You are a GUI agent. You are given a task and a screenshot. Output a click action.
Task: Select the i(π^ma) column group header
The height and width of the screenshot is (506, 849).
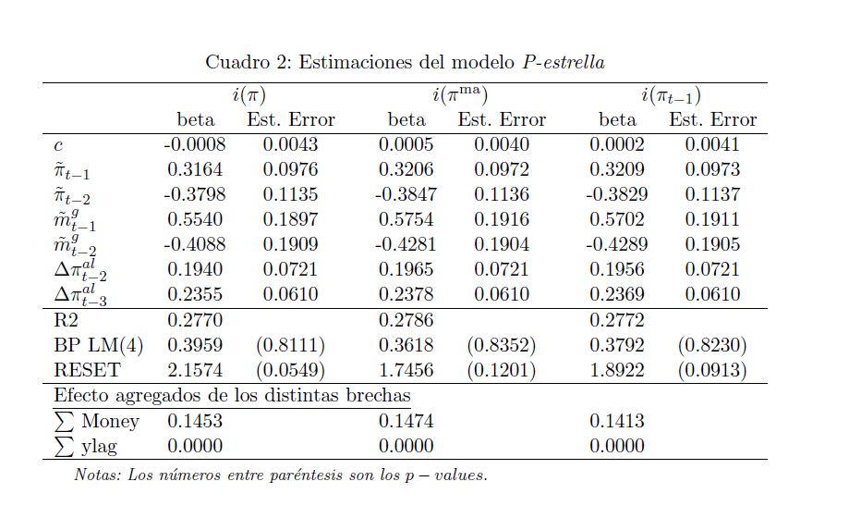459,95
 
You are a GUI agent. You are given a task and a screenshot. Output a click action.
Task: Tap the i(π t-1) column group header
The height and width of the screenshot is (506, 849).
671,95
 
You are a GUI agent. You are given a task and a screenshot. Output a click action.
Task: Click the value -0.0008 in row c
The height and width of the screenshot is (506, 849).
195,144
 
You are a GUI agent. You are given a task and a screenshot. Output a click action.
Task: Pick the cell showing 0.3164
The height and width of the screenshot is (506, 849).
195,169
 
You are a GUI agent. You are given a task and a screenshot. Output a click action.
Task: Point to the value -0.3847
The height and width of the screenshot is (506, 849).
406,194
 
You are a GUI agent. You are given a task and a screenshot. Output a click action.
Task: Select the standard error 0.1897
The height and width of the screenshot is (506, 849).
290,219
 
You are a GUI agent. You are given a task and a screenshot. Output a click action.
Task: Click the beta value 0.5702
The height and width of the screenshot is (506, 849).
618,219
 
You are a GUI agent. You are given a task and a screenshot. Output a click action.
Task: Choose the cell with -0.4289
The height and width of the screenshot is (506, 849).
617,244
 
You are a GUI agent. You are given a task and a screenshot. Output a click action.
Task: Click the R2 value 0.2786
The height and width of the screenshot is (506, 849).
406,321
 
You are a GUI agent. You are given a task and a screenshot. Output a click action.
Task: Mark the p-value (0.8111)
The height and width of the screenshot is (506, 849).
290,346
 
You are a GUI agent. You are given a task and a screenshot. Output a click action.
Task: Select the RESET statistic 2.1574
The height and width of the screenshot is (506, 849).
195,371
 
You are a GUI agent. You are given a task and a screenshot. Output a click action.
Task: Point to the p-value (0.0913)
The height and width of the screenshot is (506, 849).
712,371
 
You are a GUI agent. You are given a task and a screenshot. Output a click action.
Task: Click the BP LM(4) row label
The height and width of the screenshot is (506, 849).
98,346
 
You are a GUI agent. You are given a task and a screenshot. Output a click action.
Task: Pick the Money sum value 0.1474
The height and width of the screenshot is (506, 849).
406,421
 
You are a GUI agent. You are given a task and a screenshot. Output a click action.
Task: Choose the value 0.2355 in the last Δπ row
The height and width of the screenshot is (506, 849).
195,294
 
